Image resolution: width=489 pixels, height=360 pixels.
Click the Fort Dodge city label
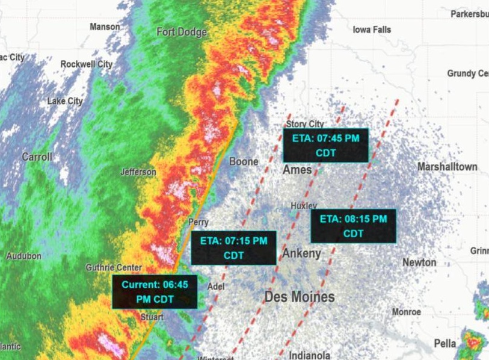pos(182,32)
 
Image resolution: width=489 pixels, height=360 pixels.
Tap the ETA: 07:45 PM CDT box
pos(325,145)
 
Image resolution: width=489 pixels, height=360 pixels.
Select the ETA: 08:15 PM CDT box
pos(353,226)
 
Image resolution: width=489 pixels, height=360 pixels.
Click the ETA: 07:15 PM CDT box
pos(233,247)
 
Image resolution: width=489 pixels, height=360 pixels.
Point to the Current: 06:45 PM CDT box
pos(155,291)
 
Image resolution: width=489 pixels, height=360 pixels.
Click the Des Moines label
pos(300,297)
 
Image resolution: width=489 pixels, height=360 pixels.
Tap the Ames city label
pos(297,170)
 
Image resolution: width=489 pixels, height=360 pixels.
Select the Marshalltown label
pos(447,167)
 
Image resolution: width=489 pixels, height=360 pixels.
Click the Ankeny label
pos(302,253)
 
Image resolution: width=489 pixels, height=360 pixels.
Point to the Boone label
pos(244,161)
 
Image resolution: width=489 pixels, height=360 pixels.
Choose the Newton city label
pos(419,262)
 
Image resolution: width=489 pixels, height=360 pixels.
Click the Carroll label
pos(37,157)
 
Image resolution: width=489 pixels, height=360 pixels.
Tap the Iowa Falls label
pos(372,29)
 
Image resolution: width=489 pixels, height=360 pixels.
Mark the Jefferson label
pos(138,172)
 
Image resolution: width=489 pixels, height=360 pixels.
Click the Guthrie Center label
pos(114,267)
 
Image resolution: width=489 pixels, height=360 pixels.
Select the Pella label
pos(445,343)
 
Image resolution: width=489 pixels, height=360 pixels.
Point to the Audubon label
pos(23,256)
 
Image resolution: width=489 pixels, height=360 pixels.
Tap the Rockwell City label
pos(87,64)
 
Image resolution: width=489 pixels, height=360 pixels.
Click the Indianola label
pos(309,355)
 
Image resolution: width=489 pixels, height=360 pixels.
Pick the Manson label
pos(105,26)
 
